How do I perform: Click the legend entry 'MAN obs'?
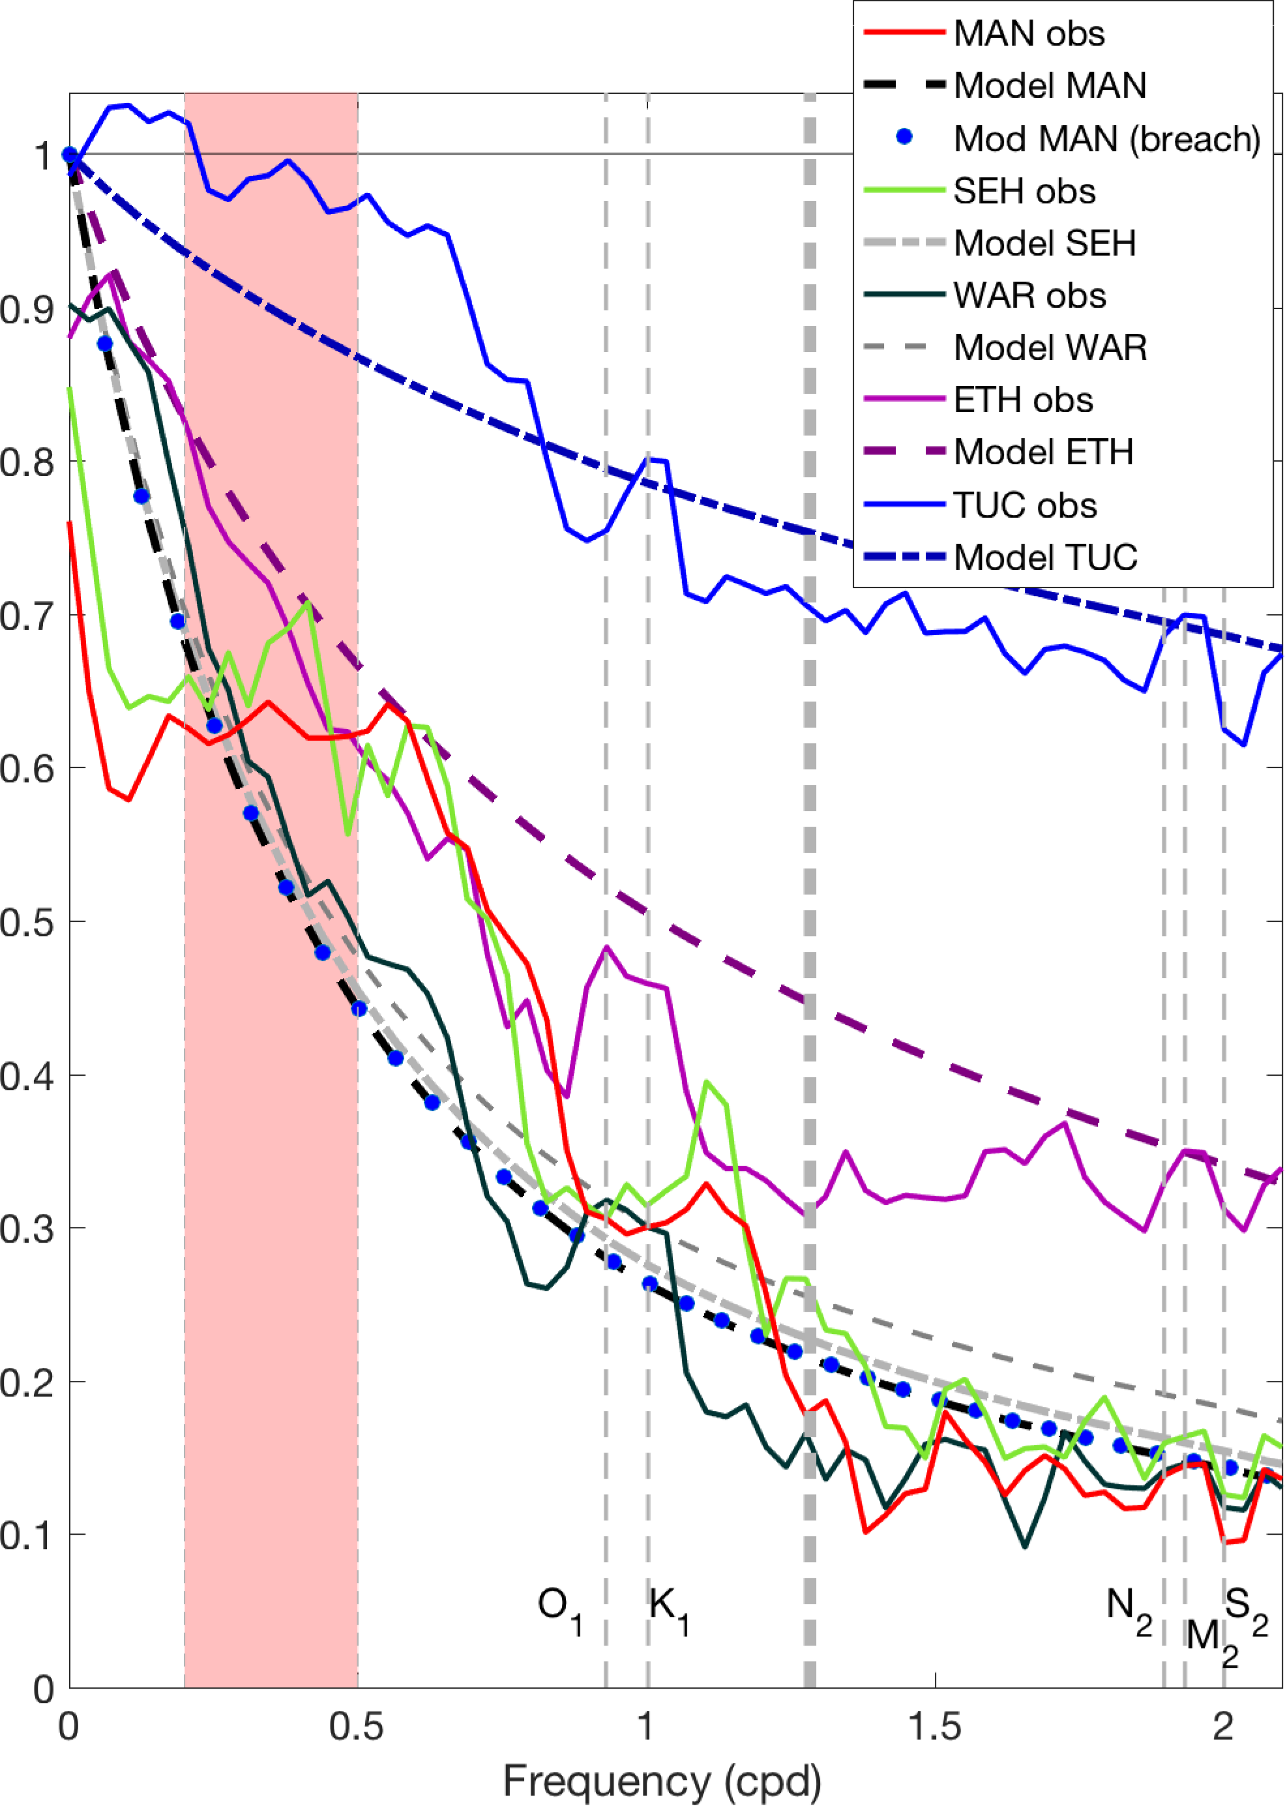1029,34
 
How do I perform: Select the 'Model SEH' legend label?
1044,243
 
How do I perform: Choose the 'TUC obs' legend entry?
1025,505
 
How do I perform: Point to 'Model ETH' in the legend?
1043,452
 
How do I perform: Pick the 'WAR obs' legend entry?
1029,295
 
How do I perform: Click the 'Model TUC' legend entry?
1045,557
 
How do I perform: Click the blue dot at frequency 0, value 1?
70,155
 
